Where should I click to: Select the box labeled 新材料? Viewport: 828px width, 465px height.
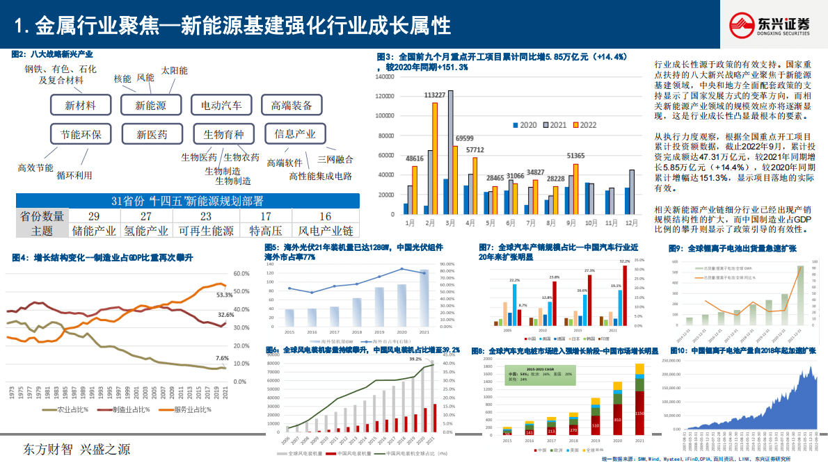click(x=80, y=105)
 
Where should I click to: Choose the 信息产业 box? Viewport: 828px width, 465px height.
click(x=295, y=133)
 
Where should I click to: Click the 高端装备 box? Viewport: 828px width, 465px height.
click(x=292, y=105)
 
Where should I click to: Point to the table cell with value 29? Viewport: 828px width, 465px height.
click(x=93, y=217)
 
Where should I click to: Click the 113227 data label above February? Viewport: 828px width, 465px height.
click(x=435, y=95)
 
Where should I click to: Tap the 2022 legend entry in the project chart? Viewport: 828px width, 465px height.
click(x=585, y=125)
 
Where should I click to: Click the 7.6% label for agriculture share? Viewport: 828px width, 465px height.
click(x=221, y=358)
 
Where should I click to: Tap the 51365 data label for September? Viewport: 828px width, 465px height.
click(x=575, y=156)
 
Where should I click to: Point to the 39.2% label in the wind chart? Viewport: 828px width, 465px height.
click(x=415, y=359)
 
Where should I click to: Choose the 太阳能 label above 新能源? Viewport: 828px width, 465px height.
click(x=174, y=70)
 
